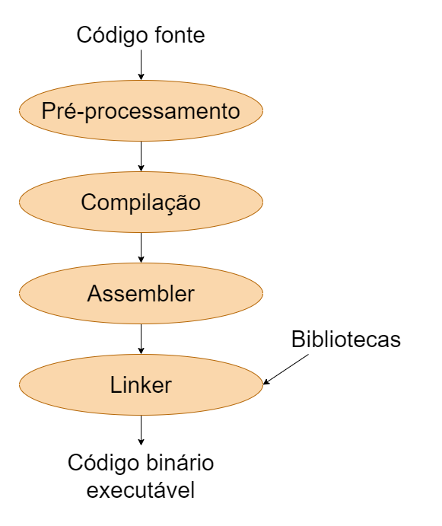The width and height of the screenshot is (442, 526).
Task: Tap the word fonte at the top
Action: pos(176,36)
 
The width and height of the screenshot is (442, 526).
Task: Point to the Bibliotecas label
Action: pos(345,340)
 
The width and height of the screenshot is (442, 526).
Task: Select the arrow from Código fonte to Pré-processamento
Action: pos(141,65)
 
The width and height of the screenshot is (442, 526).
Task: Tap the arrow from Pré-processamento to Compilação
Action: pos(141,157)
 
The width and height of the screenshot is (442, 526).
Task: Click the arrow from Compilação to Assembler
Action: pos(141,248)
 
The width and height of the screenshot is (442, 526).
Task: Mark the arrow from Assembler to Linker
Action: pos(141,340)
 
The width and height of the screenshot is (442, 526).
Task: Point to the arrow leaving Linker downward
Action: pos(141,431)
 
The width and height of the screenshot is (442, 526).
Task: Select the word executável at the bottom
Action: pos(141,490)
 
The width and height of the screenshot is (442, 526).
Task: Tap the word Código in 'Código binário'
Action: pos(102,462)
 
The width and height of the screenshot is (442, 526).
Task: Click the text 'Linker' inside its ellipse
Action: pos(141,385)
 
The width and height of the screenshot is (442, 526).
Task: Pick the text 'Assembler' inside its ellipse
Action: pos(141,294)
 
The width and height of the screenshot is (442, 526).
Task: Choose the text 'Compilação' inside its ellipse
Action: pos(141,202)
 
